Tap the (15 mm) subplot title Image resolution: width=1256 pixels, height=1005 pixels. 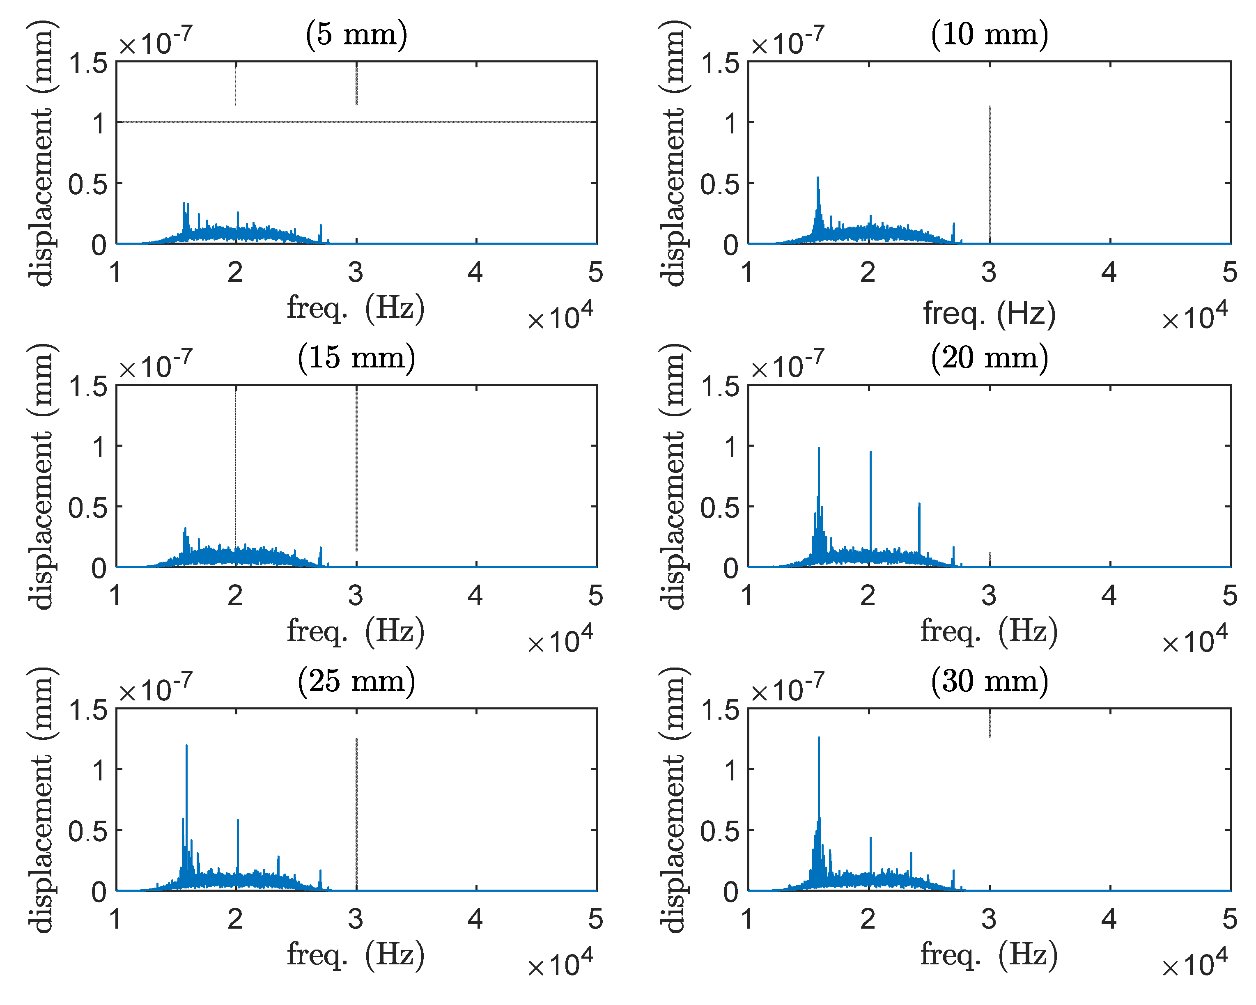[x=356, y=357]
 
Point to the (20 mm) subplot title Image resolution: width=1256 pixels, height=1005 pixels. [x=989, y=357]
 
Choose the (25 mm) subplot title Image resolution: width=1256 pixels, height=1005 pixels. [x=356, y=681]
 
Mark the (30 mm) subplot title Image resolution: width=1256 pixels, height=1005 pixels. [x=989, y=681]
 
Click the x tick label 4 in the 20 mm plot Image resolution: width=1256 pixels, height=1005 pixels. [x=1109, y=595]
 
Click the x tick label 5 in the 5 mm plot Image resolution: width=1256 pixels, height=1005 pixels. [x=595, y=272]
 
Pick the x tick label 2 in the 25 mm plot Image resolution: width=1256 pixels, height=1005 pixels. [x=235, y=919]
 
